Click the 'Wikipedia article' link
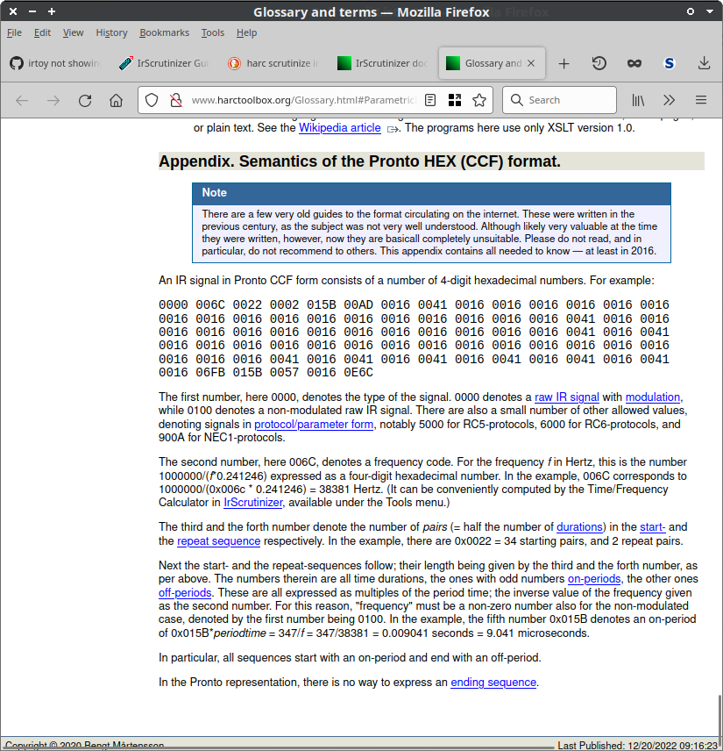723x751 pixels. (x=339, y=128)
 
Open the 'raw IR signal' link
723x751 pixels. (x=567, y=397)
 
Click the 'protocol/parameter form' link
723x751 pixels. (x=314, y=425)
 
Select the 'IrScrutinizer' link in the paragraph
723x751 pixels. (x=253, y=503)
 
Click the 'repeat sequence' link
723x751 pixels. (x=218, y=541)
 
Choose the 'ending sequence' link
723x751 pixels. (x=493, y=683)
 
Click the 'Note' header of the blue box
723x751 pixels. (x=215, y=193)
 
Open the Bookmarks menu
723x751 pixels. (x=164, y=32)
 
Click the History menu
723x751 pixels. (x=111, y=32)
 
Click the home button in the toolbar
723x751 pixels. (x=116, y=100)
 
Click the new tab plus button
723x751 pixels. (x=564, y=63)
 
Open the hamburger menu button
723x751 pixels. (x=701, y=100)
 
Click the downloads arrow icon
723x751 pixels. (x=704, y=63)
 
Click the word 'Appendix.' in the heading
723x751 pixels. (x=195, y=161)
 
